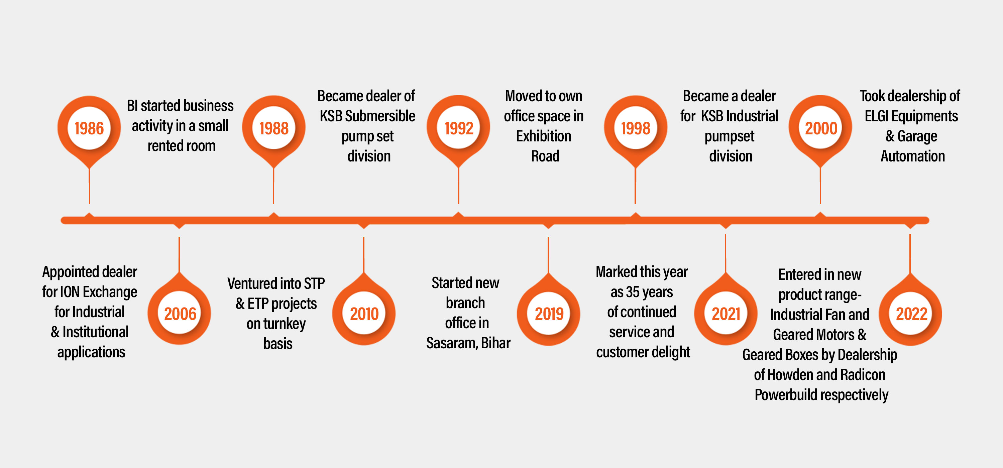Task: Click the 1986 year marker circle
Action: [x=89, y=128]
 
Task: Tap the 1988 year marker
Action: [x=274, y=128]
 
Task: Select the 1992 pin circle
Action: [x=459, y=128]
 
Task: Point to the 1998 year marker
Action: [x=636, y=128]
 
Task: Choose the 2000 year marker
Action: [x=820, y=128]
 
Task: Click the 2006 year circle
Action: [x=180, y=314]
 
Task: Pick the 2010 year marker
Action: [x=364, y=314]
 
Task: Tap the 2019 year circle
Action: [x=549, y=314]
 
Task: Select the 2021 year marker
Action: [x=726, y=314]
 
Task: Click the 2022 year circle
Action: [x=911, y=314]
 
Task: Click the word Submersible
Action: [x=380, y=116]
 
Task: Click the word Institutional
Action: [x=95, y=332]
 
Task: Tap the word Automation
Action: [x=913, y=156]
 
